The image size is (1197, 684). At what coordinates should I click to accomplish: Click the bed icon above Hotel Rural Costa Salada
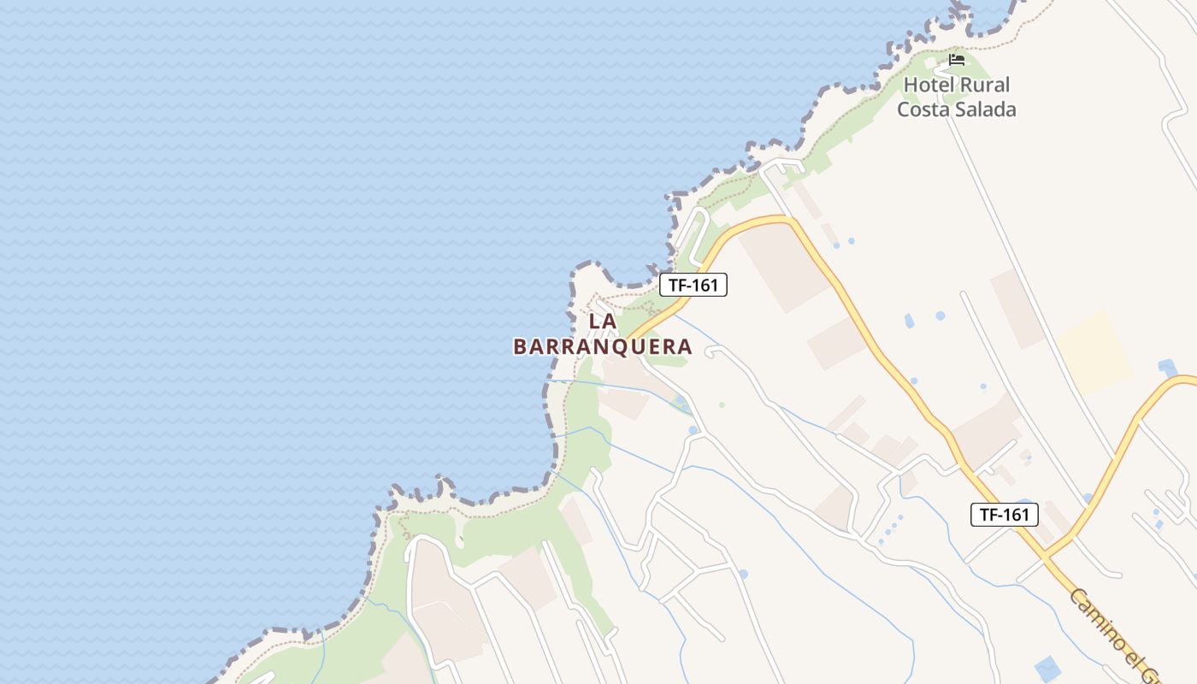(957, 60)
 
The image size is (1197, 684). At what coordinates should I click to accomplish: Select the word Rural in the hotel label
(985, 85)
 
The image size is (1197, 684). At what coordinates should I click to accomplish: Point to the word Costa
(925, 109)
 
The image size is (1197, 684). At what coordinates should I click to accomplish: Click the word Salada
(988, 109)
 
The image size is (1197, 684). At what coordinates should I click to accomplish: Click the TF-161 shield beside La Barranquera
(693, 285)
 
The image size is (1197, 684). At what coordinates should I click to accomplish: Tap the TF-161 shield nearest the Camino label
(1005, 514)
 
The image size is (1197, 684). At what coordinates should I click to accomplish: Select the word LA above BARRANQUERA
(603, 321)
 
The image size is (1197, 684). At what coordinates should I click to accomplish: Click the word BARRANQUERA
(603, 346)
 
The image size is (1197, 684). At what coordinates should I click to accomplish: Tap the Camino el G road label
(1111, 633)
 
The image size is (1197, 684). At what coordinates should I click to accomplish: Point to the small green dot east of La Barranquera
(722, 404)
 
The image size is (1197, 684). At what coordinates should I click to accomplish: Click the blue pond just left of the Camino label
(1047, 669)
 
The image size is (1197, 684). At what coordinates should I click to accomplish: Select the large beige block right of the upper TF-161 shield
(782, 265)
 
